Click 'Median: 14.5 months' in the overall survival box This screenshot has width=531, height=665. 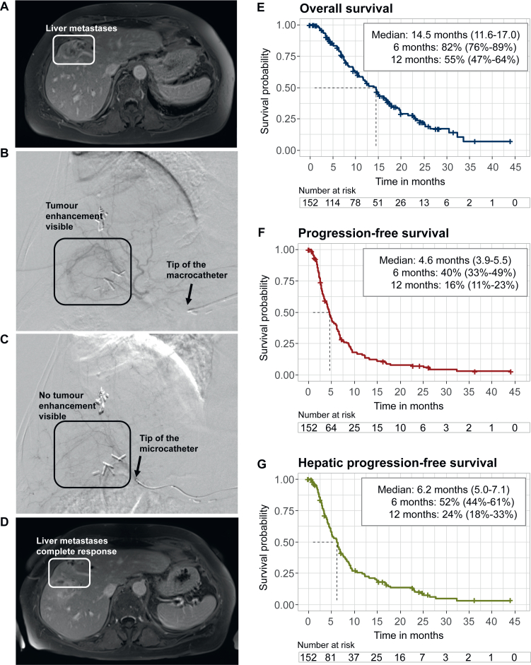coord(421,33)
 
